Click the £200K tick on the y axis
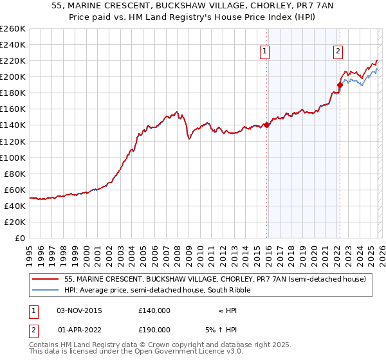point(13,76)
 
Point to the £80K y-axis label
point(15,174)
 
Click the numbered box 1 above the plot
point(265,53)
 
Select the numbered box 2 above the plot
point(338,53)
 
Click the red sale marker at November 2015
point(266,125)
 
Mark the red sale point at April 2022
point(339,85)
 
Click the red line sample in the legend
point(46,279)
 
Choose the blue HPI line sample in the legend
point(46,290)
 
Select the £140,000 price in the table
point(154,310)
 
